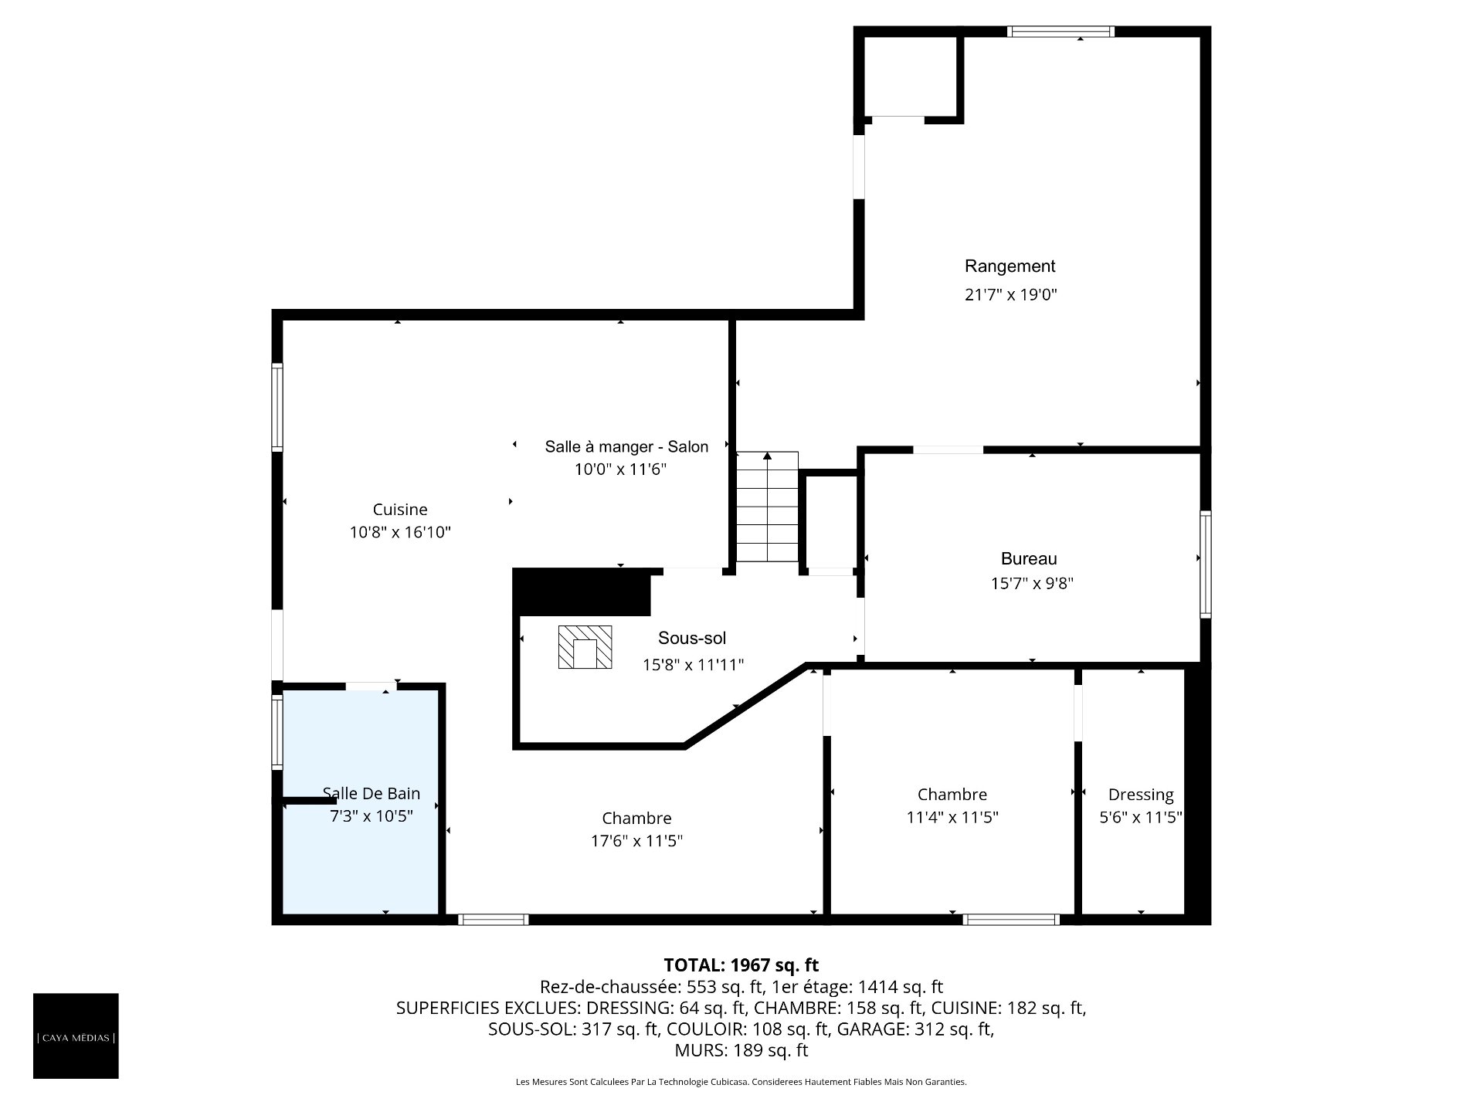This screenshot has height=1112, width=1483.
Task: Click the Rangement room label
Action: pos(1010,266)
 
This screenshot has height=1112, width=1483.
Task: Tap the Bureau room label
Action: pos(1029,558)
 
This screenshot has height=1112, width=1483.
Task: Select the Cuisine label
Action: pos(400,510)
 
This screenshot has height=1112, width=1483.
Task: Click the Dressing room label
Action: pos(1141,795)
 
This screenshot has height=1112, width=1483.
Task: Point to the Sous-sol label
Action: pos(692,638)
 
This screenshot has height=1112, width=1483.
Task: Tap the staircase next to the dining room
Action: pos(767,507)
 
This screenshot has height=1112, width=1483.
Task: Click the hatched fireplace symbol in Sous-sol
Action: pos(585,647)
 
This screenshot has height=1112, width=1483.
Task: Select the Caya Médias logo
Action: pos(76,1036)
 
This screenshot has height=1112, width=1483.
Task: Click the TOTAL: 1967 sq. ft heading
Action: pos(741,965)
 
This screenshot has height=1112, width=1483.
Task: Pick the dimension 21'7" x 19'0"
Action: pos(1010,294)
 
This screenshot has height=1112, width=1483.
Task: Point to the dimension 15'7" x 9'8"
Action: pos(1032,584)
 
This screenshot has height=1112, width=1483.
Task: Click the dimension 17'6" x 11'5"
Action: pos(636,841)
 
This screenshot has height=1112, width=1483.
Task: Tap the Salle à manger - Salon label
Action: pos(626,446)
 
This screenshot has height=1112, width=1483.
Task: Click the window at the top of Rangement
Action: pos(1060,32)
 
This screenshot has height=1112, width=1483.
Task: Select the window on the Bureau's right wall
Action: pos(1205,564)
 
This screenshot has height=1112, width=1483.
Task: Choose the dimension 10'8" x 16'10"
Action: pos(400,532)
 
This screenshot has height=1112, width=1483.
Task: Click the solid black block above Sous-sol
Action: pos(582,592)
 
